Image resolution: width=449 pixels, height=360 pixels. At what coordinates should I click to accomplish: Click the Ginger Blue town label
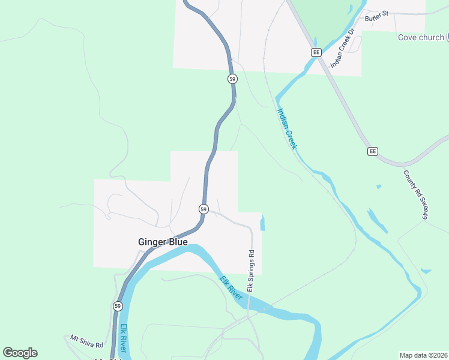tap(163, 242)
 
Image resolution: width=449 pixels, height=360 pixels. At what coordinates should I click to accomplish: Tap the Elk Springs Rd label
tap(251, 271)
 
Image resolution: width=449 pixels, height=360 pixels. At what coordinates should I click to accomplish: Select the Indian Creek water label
tap(286, 128)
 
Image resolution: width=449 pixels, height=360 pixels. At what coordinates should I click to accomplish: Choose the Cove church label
tap(421, 37)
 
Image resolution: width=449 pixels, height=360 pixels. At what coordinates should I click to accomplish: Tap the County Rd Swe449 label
tap(415, 194)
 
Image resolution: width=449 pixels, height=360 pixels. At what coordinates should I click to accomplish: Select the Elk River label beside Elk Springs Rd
tap(231, 288)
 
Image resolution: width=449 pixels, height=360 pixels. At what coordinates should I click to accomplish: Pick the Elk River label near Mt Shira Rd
tap(124, 338)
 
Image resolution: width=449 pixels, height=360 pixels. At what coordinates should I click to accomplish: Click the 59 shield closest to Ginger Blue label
tap(204, 209)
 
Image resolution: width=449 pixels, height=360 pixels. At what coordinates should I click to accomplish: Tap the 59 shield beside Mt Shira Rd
tap(117, 306)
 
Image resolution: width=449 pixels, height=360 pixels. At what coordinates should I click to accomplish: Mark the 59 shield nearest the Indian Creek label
tap(232, 79)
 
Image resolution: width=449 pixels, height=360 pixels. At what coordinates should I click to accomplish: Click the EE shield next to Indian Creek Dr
tap(316, 52)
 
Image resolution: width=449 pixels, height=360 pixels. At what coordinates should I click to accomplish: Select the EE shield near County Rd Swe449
tap(373, 151)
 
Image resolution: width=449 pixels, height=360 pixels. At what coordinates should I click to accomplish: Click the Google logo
tap(20, 353)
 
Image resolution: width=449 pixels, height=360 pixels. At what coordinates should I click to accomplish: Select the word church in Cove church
tap(432, 37)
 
